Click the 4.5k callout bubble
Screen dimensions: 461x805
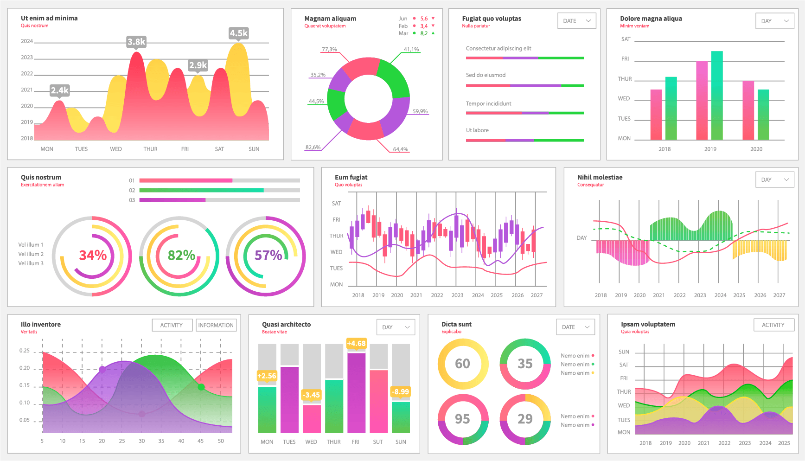click(x=239, y=33)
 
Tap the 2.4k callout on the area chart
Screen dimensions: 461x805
click(x=59, y=90)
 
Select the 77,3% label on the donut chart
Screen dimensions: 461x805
click(x=329, y=49)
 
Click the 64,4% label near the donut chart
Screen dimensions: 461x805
click(x=400, y=149)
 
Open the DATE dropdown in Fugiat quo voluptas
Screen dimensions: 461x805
click(x=576, y=21)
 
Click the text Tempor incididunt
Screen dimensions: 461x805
click(x=488, y=103)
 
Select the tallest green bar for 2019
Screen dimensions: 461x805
click(x=717, y=95)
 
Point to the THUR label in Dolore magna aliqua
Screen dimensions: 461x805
click(x=625, y=79)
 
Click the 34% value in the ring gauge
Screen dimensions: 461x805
click(x=93, y=255)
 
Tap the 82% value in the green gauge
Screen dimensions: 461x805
click(x=181, y=255)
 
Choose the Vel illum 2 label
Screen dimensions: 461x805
click(x=31, y=254)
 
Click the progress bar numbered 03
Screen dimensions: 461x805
click(x=219, y=200)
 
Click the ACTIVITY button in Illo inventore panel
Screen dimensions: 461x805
click(x=172, y=325)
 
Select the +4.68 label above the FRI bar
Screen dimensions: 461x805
click(x=356, y=343)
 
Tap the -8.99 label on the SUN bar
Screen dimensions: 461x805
click(x=400, y=391)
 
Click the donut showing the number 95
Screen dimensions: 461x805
click(x=462, y=419)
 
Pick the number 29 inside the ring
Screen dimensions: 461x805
click(x=525, y=419)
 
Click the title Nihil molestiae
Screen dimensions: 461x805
click(x=600, y=177)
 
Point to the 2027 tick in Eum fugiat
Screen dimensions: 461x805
click(x=537, y=295)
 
